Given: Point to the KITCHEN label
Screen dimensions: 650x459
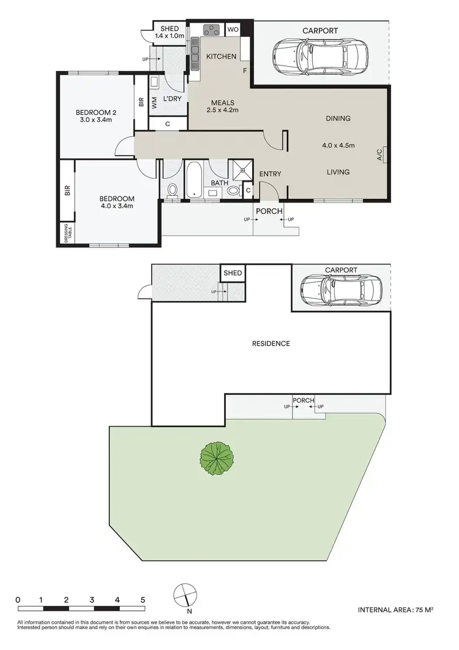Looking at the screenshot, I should tap(221, 56).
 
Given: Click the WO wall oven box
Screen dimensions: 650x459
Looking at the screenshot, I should tap(233, 29).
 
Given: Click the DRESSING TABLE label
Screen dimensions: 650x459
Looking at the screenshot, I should tap(67, 234).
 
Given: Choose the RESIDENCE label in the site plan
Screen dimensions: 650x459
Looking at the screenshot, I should tap(271, 343).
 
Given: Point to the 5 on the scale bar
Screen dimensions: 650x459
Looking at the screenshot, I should tap(142, 599).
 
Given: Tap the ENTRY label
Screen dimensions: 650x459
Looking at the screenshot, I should tap(270, 174).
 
